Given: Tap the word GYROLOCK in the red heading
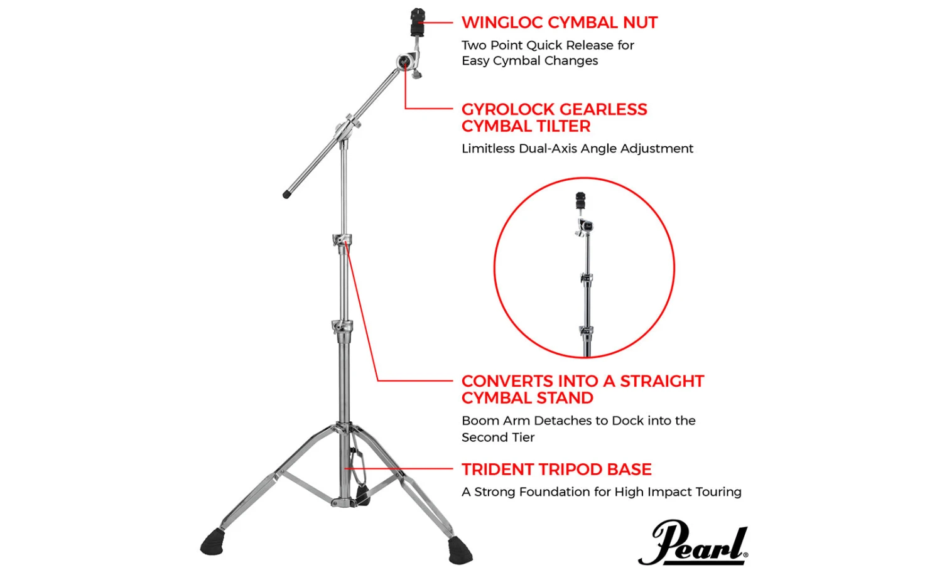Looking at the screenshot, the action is coord(508,109).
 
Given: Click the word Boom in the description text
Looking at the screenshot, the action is coord(477,421).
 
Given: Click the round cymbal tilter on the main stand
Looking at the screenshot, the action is coord(404,62).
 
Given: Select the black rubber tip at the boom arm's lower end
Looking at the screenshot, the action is coord(287,194).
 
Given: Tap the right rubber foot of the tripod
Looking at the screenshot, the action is coord(460,550).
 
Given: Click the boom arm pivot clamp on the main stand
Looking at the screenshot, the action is coord(348,128).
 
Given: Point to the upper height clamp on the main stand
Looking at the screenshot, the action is coord(342,240).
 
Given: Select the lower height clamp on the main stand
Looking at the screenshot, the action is coord(342,326).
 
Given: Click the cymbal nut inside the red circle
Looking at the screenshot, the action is coord(580,201).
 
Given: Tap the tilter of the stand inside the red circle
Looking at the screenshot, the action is coord(585,227).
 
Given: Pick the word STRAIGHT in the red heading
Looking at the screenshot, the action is coord(662,381).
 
